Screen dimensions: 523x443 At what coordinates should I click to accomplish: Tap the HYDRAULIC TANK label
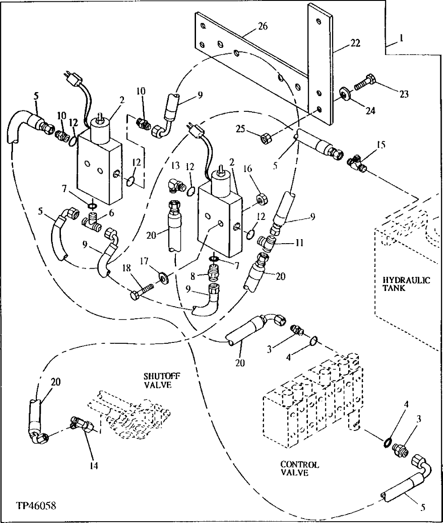(406, 284)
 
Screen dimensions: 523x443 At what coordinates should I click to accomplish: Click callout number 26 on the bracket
(263, 26)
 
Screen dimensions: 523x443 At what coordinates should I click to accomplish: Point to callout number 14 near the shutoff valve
(93, 465)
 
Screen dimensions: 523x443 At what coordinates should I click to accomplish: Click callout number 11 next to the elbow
(299, 244)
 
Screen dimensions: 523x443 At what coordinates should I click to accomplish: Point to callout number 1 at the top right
(402, 39)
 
